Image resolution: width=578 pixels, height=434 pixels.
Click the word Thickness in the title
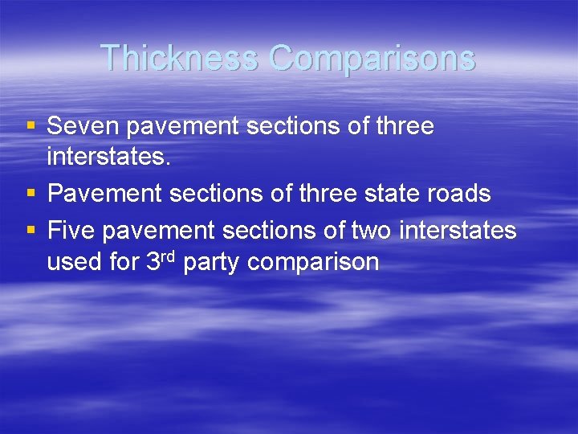tap(179, 58)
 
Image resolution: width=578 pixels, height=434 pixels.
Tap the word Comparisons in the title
tap(372, 58)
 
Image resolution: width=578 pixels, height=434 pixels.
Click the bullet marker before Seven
tap(31, 126)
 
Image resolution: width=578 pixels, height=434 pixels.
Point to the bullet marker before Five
tap(31, 231)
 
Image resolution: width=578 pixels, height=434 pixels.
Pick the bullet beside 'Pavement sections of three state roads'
tap(31, 194)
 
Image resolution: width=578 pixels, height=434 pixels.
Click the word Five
tap(73, 231)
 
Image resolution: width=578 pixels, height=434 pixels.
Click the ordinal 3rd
tap(161, 260)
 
